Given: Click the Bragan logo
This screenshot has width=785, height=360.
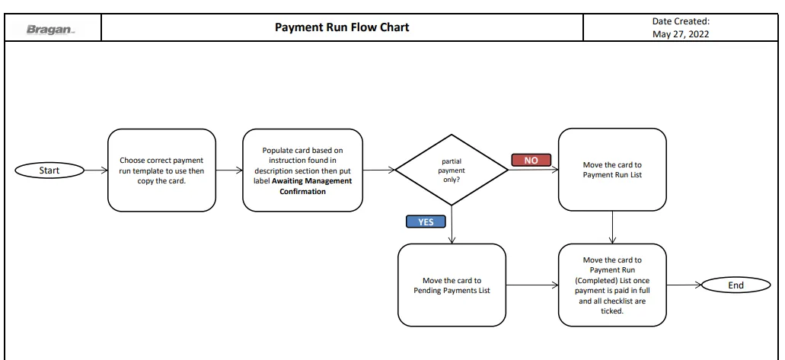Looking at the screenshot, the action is pos(50,30).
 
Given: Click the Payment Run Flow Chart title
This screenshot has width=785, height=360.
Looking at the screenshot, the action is pos(342,27).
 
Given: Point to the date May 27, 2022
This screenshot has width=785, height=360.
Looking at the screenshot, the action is pos(681,34).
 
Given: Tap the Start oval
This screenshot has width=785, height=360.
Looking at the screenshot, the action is pos(49,170).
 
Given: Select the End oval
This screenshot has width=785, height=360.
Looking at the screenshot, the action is pos(736,285).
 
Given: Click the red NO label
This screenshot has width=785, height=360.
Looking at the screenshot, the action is pos(531,161).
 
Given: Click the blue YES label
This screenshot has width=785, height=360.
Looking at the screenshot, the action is pos(426,221).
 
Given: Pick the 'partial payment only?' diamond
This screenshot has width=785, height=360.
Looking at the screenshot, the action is pos(452,170).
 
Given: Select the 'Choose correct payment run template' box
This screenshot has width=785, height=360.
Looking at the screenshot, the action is pos(161,170).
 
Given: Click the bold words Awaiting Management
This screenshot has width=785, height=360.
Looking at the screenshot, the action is pos(312,180).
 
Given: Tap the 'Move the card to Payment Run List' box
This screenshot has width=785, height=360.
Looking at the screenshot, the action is pos(612,170).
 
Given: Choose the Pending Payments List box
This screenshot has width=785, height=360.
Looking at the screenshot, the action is pos(452,285).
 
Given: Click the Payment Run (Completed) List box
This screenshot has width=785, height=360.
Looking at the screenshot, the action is pos(612,285).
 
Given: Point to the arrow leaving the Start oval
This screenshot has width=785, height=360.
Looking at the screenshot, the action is pos(96,170).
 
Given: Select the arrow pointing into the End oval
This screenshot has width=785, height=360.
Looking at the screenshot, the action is pos(684,285).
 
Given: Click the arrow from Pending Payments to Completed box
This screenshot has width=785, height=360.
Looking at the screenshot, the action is pos(531,285).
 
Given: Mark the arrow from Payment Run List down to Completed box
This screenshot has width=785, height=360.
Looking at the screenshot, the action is pos(612,228).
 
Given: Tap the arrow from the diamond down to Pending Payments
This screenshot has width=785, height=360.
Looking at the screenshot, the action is pos(452,225).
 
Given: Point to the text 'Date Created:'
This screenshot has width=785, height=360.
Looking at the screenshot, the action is pos(681,21).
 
